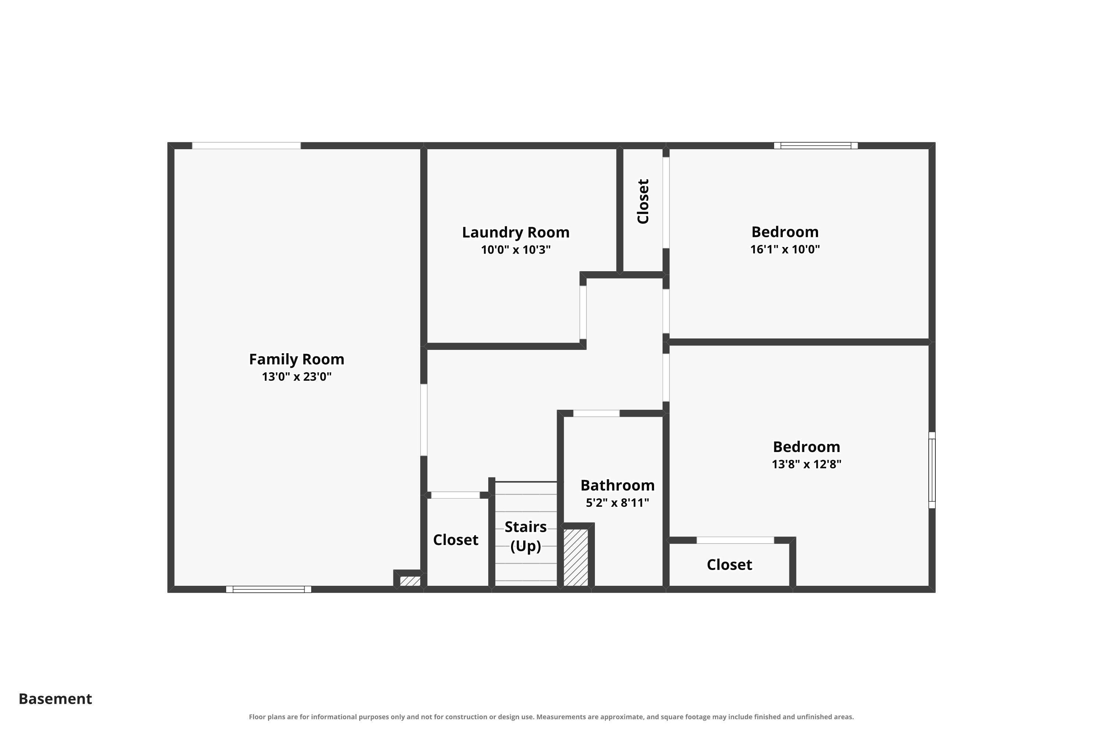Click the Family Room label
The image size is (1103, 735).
(296, 359)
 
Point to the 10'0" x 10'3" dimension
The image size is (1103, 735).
(515, 250)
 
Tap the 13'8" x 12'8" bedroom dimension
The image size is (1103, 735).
(806, 464)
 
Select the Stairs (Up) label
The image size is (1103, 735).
(525, 536)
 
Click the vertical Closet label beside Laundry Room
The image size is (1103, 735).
(643, 201)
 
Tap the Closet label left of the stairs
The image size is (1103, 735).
(456, 539)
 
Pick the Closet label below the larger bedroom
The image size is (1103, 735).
(729, 564)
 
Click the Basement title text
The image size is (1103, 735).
(56, 699)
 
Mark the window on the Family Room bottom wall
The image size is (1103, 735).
(268, 589)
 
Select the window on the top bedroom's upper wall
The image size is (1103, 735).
(815, 145)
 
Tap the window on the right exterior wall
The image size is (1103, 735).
(932, 470)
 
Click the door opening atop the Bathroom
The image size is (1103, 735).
(596, 413)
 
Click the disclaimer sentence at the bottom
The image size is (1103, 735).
(551, 717)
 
